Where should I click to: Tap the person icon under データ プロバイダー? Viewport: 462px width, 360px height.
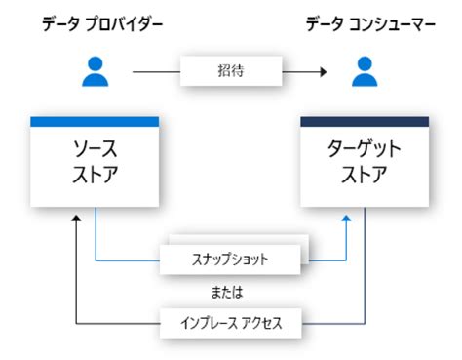[x=95, y=70]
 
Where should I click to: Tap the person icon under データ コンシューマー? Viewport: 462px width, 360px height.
[x=364, y=70]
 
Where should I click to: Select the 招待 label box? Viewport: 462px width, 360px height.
[x=230, y=70]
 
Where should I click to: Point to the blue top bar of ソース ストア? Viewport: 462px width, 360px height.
[x=95, y=122]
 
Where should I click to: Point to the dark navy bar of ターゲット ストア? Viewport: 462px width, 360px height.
[x=364, y=122]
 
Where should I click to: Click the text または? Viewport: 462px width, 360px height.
[x=230, y=292]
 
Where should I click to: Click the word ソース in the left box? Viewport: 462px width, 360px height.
[x=95, y=152]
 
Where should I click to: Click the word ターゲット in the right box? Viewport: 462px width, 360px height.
[x=364, y=152]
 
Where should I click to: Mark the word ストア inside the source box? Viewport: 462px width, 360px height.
[x=95, y=179]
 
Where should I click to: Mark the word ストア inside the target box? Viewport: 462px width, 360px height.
[x=364, y=179]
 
